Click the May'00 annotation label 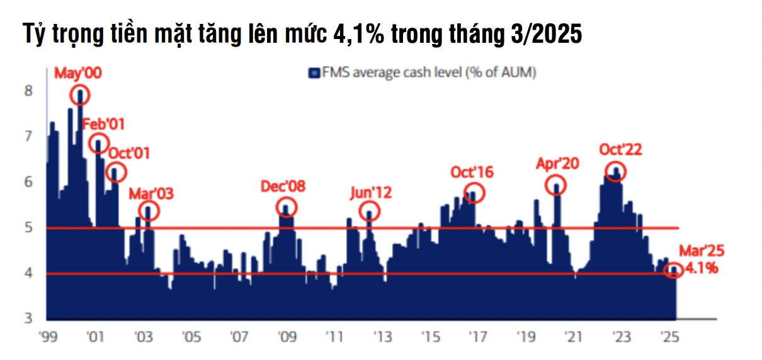(x=77, y=74)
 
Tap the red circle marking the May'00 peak (x=80, y=95)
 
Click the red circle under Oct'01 (x=115, y=171)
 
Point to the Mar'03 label (x=151, y=193)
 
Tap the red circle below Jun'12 (x=370, y=211)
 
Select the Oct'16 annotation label (x=472, y=172)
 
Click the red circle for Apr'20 (x=556, y=185)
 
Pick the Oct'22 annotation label (x=620, y=150)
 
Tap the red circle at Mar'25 (x=673, y=271)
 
